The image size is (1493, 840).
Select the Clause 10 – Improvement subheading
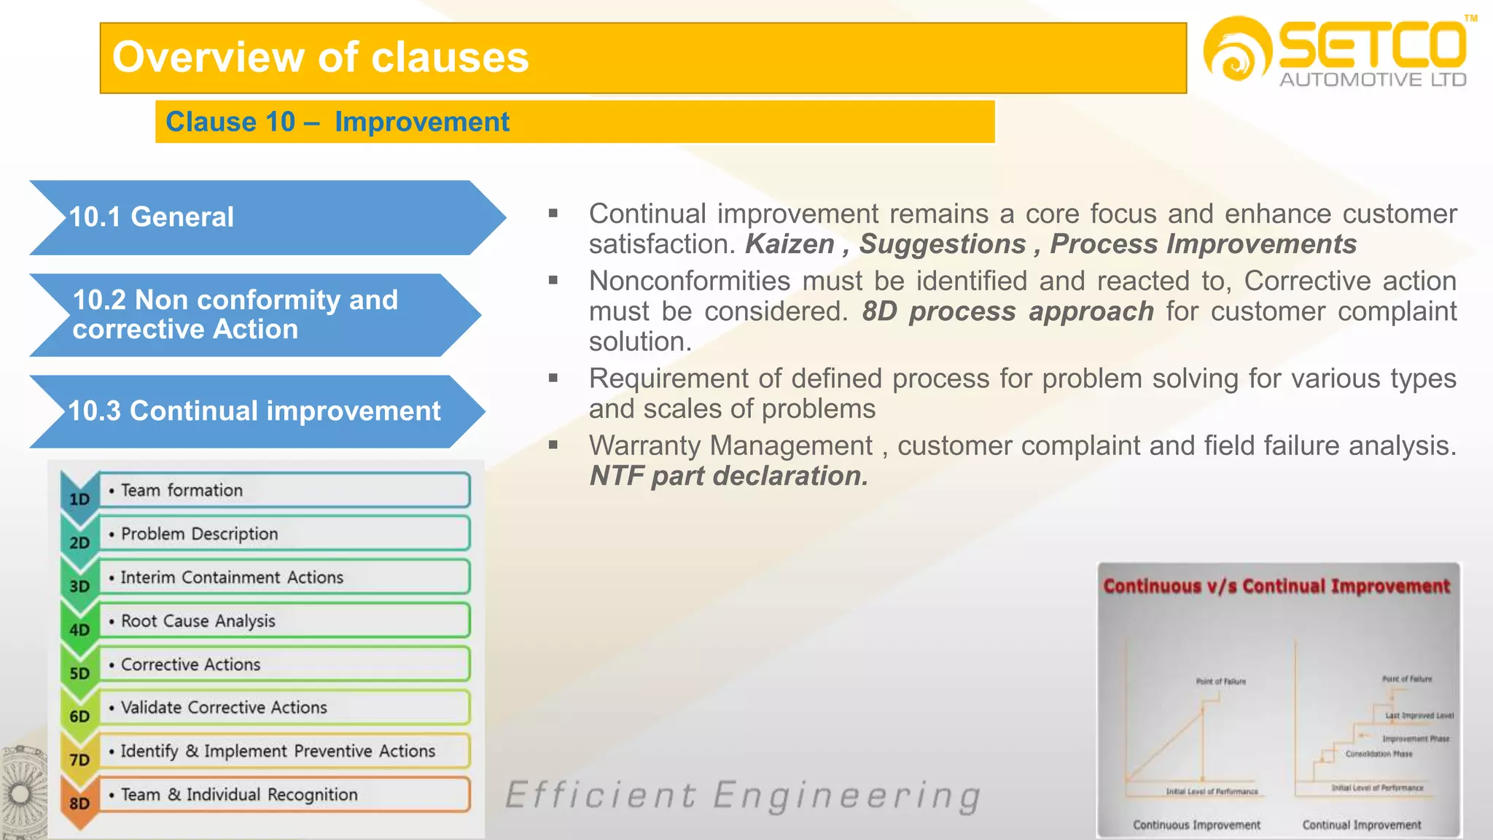pos(338,122)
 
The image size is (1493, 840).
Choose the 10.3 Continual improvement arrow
pos(255,411)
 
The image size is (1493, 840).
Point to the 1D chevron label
pos(79,499)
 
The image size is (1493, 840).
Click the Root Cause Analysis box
pos(284,621)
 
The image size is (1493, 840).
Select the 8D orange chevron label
pos(79,803)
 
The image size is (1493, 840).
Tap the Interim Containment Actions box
pos(284,577)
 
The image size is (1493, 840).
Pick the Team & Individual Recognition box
pos(284,795)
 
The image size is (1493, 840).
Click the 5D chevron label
pos(79,673)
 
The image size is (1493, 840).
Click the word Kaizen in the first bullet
pos(790,244)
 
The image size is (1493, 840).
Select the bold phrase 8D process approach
pos(1007,311)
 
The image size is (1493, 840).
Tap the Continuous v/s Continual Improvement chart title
pos(1276,586)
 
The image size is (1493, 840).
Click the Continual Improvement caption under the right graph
pos(1361,825)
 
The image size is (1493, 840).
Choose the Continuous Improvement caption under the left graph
pos(1196,825)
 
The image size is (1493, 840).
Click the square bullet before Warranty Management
pos(553,445)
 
